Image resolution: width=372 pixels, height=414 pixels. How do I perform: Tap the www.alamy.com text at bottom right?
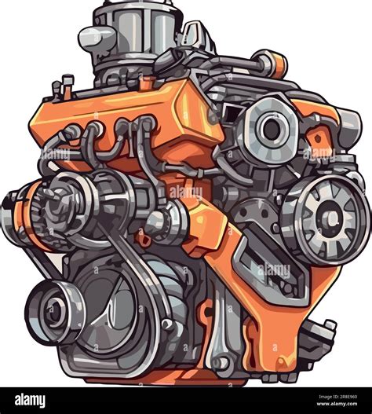tap(330, 405)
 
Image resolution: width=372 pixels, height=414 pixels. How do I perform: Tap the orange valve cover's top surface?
tap(157, 98)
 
